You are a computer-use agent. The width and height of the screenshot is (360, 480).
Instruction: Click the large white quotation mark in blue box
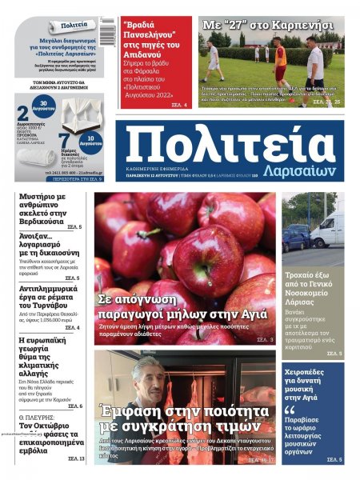click(291, 411)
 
